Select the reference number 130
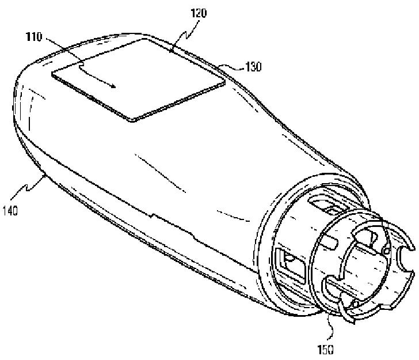point(253,67)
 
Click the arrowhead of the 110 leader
point(117,87)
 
